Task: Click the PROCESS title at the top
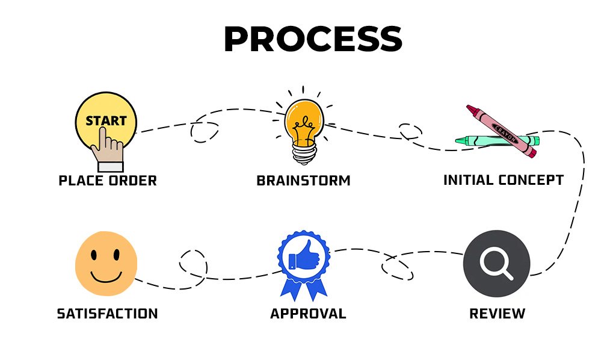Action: coord(312,40)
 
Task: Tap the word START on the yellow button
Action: coord(106,120)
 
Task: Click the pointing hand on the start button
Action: coord(110,147)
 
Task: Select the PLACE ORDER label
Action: coord(108,181)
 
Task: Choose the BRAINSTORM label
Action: coord(303,181)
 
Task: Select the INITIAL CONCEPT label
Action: coord(503,180)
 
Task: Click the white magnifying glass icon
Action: coord(496,263)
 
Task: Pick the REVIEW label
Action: coord(497,314)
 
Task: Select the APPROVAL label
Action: coord(308,314)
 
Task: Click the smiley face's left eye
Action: coord(95,254)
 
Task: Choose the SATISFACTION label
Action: coord(107,314)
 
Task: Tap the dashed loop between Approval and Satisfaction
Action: coord(192,264)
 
